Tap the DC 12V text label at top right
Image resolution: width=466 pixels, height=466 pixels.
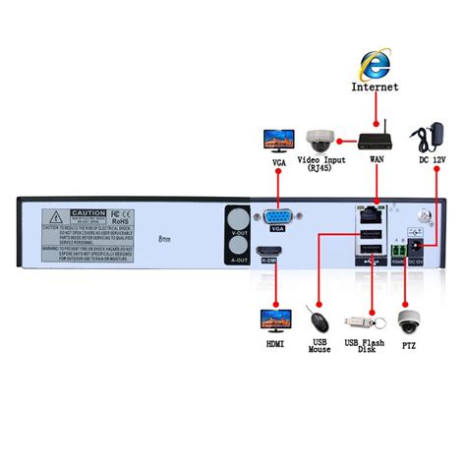click(434, 160)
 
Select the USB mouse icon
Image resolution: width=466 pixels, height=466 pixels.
click(318, 320)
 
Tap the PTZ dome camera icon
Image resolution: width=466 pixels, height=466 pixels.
click(409, 320)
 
